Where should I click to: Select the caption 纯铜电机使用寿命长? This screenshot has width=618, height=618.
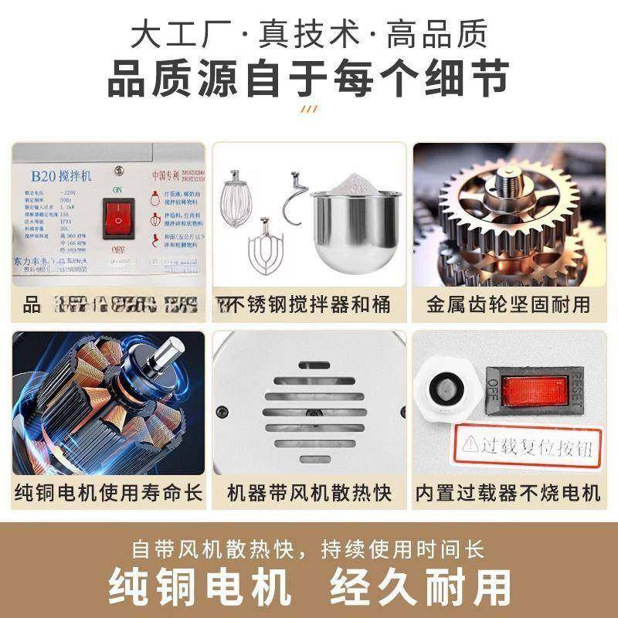tap(108, 492)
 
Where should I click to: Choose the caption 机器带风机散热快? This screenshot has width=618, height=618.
tap(309, 492)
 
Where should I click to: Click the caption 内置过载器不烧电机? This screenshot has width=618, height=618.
tap(507, 492)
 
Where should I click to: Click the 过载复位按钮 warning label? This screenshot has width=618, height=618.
tap(530, 446)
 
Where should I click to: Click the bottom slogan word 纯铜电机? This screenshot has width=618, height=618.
tap(201, 587)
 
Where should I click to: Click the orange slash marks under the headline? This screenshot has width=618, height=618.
tap(308, 109)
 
